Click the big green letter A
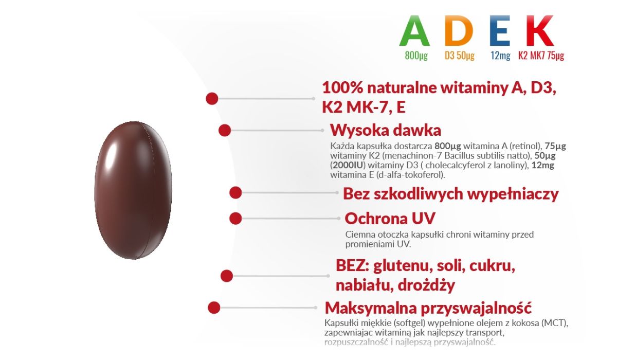coord(414,31)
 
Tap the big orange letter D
coord(458,30)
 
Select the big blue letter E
coord(500,30)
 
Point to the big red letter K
coord(540,30)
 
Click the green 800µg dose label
coord(416,56)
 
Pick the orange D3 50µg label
coord(460,56)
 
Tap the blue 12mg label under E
coord(500,56)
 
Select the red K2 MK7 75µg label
coord(541,56)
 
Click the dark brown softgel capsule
coord(133,190)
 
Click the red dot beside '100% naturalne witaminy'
coord(212,99)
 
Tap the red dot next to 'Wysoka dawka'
coord(225,130)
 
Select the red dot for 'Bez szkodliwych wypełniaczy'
coord(235,192)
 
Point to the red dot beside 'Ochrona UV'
coord(235,219)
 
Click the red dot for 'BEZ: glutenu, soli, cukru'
coord(227,276)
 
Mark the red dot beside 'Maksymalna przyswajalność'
coord(214,308)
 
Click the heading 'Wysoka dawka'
coord(386,130)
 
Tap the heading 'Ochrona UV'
coord(390,219)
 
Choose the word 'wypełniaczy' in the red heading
coord(513,194)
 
